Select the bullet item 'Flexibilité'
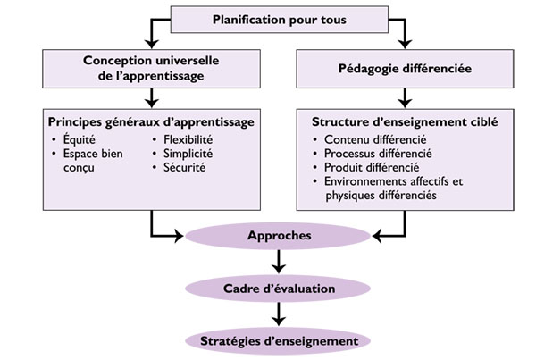[x=191, y=139]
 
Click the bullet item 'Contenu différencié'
[x=374, y=140]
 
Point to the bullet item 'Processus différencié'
[x=379, y=154]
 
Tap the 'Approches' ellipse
[x=279, y=237]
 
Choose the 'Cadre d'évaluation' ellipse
[x=280, y=289]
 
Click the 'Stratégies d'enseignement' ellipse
[x=280, y=340]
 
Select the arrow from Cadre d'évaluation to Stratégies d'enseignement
[x=280, y=314]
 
